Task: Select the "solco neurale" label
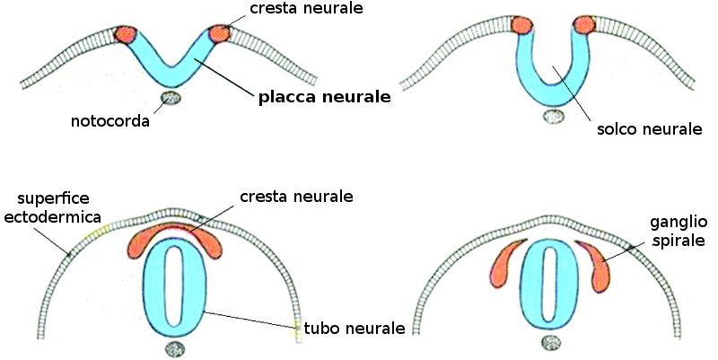point(649,130)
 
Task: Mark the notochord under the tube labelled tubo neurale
point(175,348)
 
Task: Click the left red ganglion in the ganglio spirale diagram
point(504,266)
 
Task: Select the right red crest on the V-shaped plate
point(219,33)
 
